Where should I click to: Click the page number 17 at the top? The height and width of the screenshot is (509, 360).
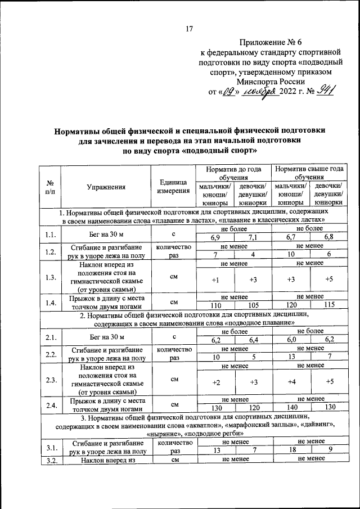coord(190,29)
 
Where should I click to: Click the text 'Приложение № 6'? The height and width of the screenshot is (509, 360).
coord(267,43)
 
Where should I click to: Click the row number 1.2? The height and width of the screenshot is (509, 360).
coord(49,251)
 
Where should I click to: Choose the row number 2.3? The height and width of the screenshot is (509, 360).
coord(49,380)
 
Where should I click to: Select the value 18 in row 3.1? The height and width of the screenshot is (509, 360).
coord(290,450)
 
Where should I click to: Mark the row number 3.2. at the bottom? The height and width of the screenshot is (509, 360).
coord(49,460)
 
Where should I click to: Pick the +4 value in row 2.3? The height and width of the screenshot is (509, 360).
coord(290,382)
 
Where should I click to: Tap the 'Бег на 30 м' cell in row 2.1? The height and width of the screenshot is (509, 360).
coord(105,336)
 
